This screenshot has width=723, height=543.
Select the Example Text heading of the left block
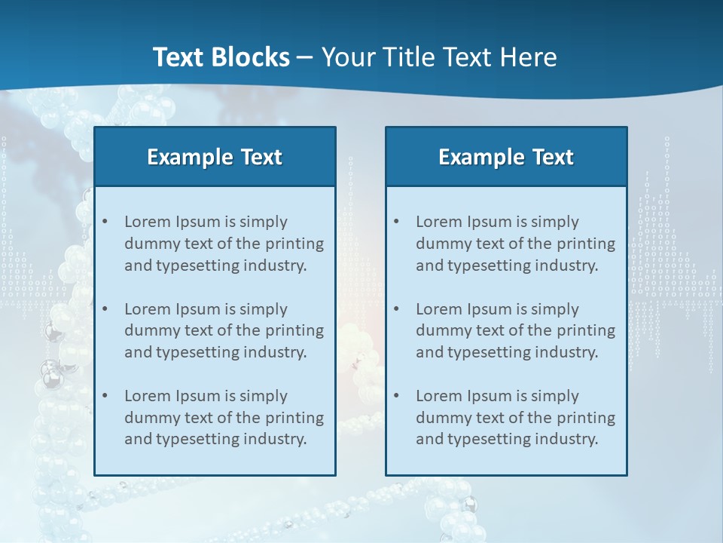point(215,157)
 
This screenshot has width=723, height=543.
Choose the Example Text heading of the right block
point(506,157)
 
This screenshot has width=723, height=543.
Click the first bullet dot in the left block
point(105,222)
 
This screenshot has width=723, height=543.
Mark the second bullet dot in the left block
point(105,309)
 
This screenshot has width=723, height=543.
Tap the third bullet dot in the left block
point(105,396)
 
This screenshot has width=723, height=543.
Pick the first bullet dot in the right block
point(396,222)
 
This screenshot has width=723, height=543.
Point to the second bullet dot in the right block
point(396,309)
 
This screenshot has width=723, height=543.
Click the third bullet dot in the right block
point(396,396)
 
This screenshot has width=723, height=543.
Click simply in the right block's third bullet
point(555,396)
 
